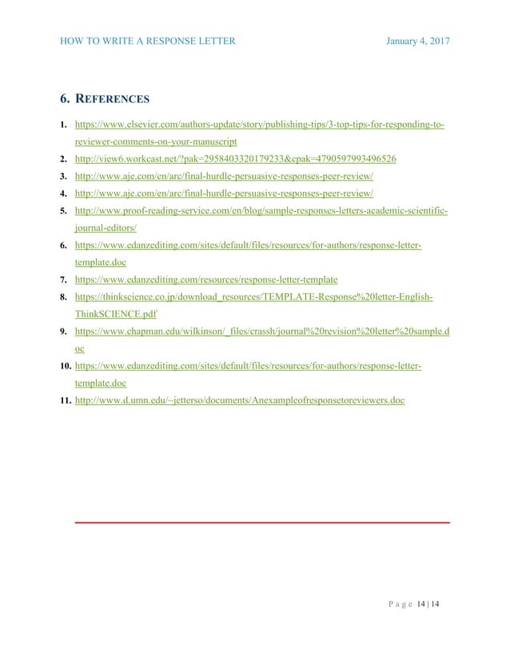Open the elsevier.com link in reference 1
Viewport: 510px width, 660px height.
coord(260,125)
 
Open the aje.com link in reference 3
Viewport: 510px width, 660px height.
coord(223,176)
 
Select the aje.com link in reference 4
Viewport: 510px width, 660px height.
coord(223,193)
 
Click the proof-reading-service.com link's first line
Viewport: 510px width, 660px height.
coord(261,211)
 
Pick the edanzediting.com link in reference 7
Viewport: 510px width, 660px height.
coord(205,280)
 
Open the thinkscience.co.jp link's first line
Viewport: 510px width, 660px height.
coord(254,297)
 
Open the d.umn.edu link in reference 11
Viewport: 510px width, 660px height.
coord(239,400)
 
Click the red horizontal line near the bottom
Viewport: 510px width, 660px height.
coord(261,523)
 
